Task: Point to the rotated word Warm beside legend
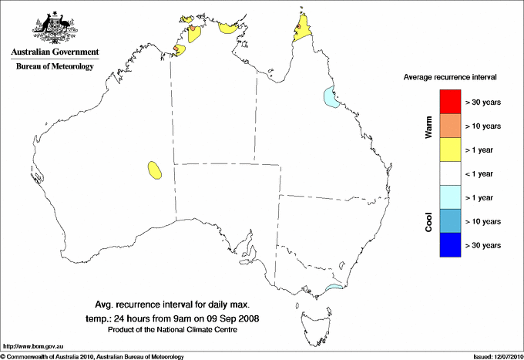428,126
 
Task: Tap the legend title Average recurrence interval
450,78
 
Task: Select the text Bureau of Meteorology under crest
55,66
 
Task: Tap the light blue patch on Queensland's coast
331,99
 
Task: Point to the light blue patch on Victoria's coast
334,289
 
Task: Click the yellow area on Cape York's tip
303,29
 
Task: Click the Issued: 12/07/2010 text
496,356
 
